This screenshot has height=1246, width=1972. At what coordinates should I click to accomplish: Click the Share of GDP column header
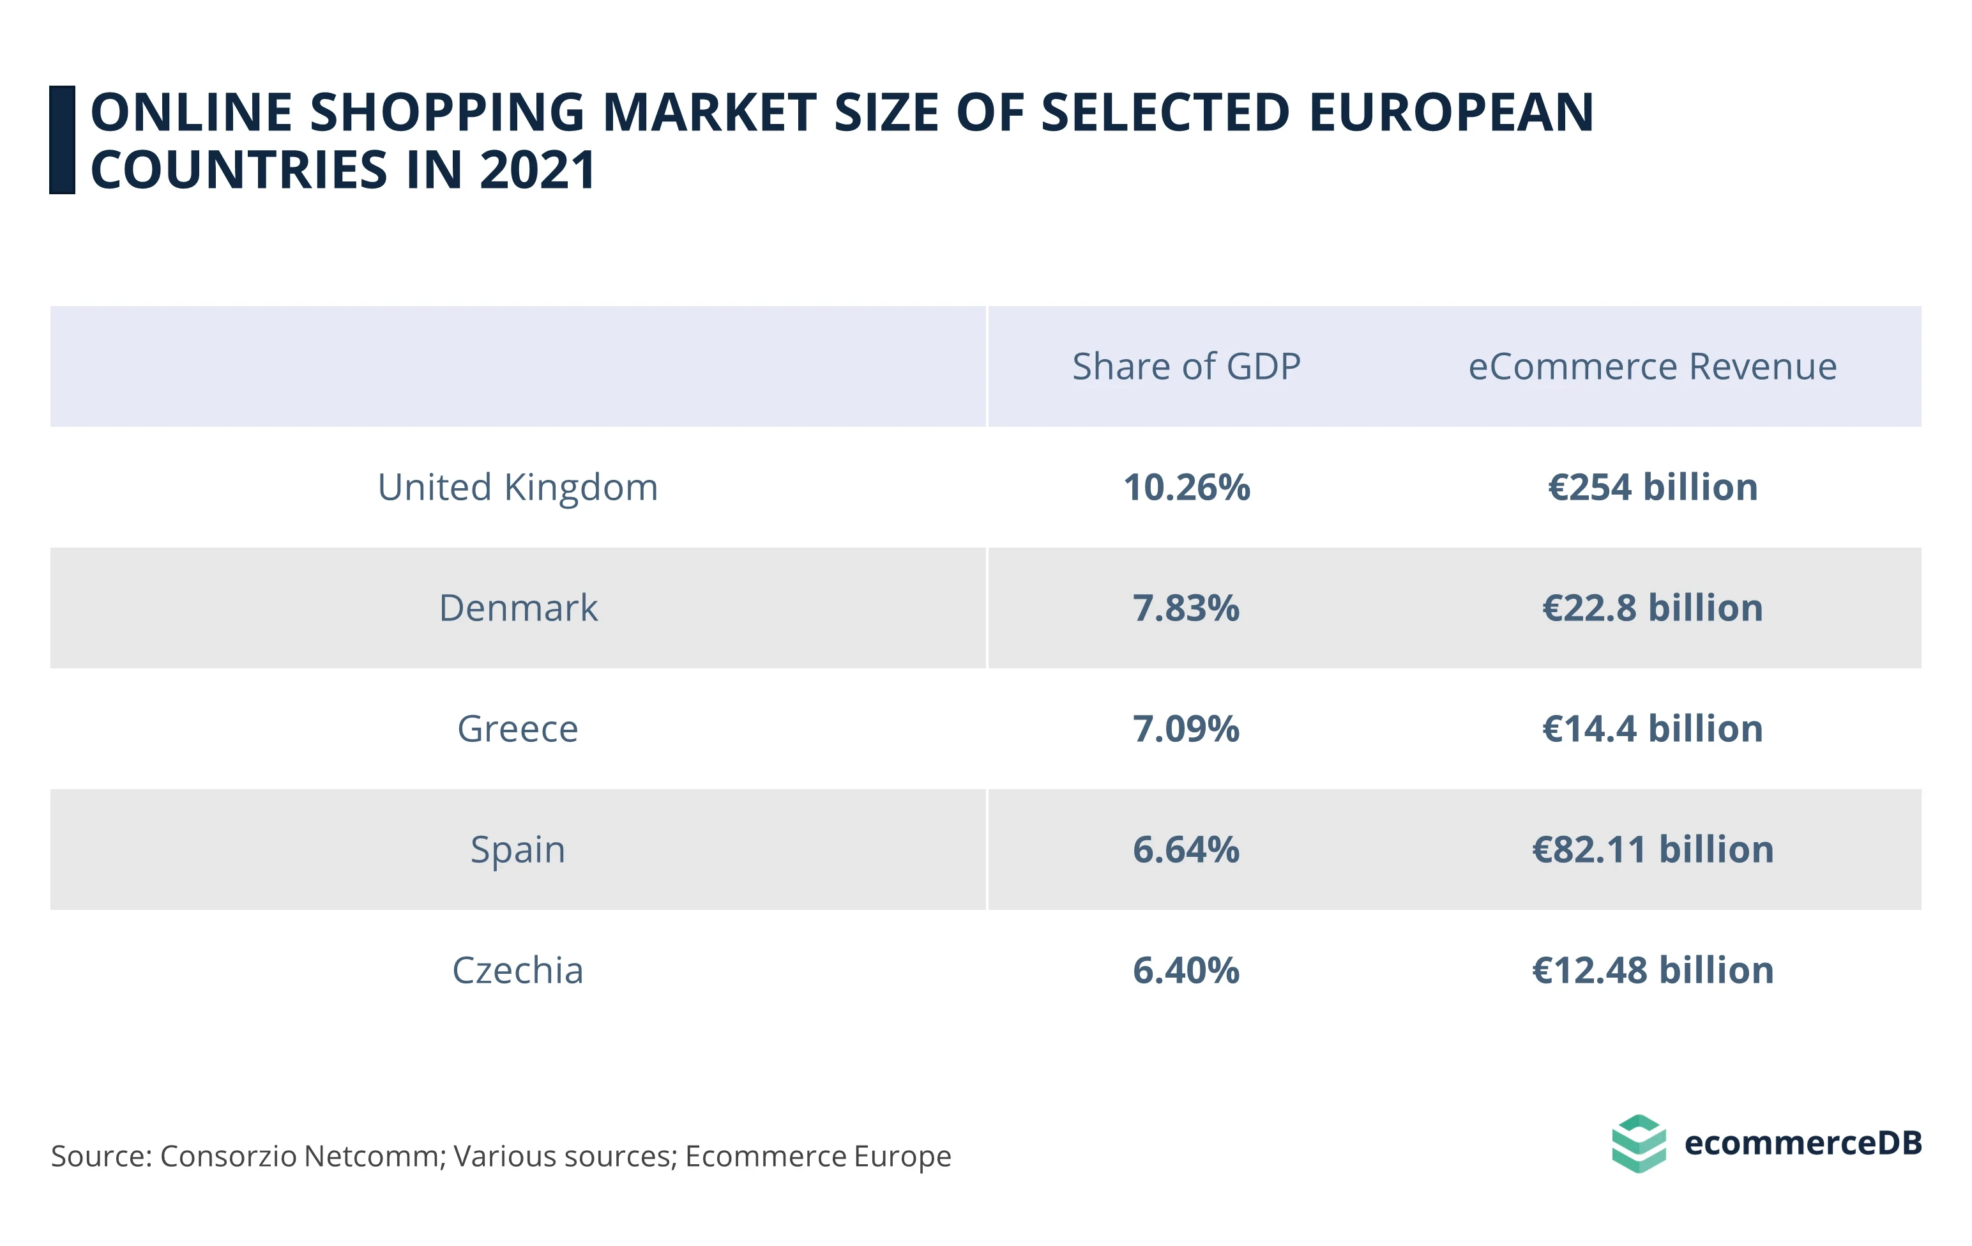tap(1186, 366)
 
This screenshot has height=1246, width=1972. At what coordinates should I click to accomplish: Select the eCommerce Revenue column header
tap(1652, 366)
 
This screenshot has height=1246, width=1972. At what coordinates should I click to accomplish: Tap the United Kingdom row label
tap(517, 488)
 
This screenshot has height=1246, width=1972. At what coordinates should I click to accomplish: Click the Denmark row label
tap(517, 608)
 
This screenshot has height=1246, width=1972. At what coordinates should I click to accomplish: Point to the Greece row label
tap(517, 728)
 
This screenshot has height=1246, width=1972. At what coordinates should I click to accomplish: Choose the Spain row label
tap(517, 849)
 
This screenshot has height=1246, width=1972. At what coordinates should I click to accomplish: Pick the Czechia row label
tap(517, 970)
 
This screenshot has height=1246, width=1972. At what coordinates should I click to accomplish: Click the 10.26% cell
tap(1186, 488)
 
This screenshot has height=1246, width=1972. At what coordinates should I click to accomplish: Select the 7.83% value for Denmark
tap(1186, 608)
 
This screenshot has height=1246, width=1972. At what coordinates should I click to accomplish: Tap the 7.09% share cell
tap(1186, 728)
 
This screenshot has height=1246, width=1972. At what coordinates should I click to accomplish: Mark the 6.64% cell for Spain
tap(1186, 849)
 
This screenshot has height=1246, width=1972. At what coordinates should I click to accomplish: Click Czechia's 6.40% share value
tap(1186, 970)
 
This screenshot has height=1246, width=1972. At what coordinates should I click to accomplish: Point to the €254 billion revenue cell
tap(1652, 488)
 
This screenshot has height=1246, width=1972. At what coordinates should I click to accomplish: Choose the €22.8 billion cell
tap(1652, 608)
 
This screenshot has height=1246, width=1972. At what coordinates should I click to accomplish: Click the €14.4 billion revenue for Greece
tap(1652, 728)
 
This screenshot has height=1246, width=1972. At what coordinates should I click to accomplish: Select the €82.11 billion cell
tap(1652, 849)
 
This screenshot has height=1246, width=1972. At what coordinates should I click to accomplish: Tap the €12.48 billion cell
tap(1652, 970)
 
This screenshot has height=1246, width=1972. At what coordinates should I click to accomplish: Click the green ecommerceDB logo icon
tap(1638, 1144)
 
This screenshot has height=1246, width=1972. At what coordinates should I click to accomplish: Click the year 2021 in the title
tap(537, 171)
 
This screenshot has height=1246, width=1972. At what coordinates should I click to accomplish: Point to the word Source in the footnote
tap(100, 1156)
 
